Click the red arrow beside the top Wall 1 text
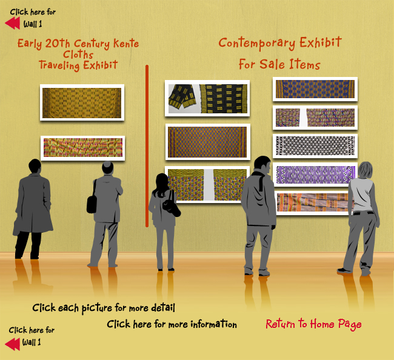[13, 24]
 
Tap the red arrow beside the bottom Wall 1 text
[13, 344]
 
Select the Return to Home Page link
[313, 324]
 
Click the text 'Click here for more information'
[172, 324]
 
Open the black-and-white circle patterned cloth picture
[315, 145]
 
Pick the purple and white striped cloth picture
[315, 175]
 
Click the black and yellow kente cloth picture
[207, 98]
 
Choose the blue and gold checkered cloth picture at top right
[315, 89]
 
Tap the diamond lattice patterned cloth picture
[207, 142]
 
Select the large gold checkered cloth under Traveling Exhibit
[82, 102]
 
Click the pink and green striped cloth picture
[82, 148]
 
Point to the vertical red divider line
[147, 146]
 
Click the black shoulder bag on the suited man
[92, 204]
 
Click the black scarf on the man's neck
[260, 179]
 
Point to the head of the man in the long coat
[35, 166]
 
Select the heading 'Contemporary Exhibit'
[280, 42]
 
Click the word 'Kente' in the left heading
[126, 43]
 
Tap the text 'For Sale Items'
[279, 64]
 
